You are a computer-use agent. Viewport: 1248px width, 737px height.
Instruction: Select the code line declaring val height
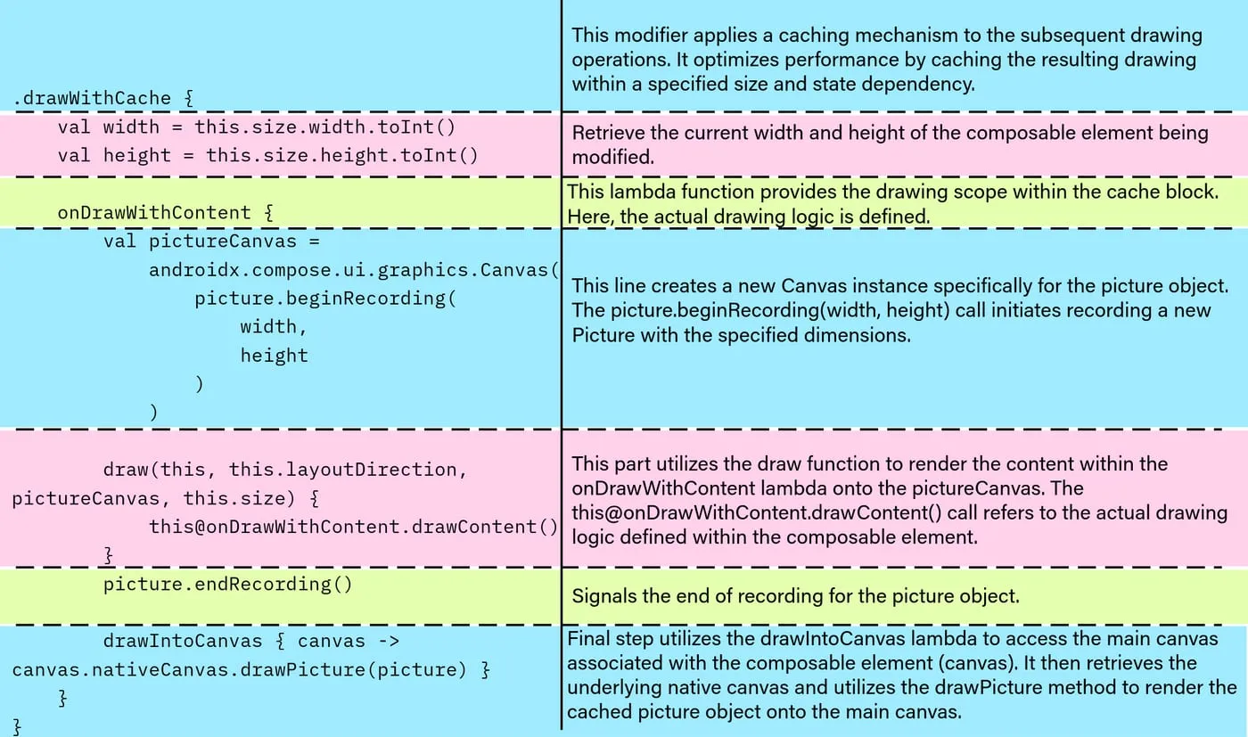[x=268, y=156]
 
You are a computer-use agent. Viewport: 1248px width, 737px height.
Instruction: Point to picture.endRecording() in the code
[x=228, y=585]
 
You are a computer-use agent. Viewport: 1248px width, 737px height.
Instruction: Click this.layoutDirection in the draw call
[x=349, y=470]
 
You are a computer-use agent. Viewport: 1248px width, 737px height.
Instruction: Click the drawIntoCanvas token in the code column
[x=183, y=642]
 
